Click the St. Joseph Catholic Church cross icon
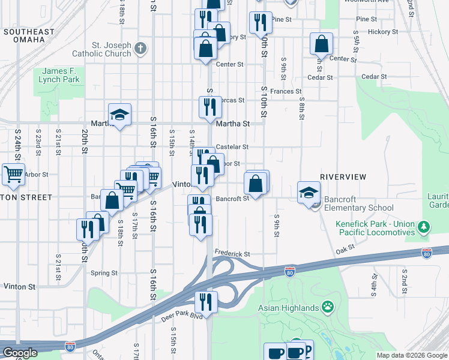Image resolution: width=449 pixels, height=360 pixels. coord(140,48)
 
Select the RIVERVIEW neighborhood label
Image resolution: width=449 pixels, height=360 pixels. coord(343,176)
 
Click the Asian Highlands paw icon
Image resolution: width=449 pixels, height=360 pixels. coord(327,308)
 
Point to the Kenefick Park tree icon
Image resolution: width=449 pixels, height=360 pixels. coord(425,226)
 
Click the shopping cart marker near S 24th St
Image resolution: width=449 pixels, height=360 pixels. coord(13,174)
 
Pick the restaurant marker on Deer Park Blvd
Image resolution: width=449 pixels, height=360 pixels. coord(206,303)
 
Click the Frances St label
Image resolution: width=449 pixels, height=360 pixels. coord(285,91)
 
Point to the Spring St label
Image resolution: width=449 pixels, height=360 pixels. coord(103,273)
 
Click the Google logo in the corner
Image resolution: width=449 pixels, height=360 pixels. coord(20,353)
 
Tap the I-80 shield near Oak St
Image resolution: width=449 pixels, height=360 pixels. coord(426,253)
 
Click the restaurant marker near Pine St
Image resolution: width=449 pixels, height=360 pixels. coord(260,23)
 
